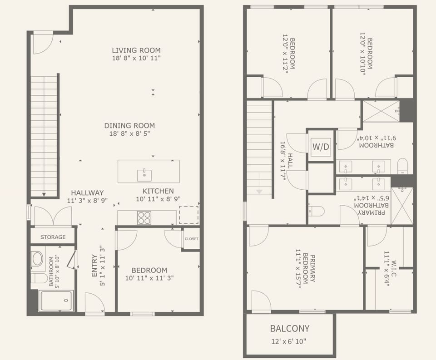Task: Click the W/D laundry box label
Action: tap(321, 147)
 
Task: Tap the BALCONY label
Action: tap(290, 328)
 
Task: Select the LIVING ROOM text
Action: tap(136, 50)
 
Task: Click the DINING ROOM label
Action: tap(129, 126)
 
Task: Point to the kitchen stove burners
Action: tap(144, 218)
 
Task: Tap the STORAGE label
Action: tap(53, 237)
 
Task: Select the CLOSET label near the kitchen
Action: tap(192, 239)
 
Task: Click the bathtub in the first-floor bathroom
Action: tap(56, 301)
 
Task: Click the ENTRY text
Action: tap(94, 266)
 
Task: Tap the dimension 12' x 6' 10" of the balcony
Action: tap(290, 342)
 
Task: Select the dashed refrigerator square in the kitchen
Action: tap(188, 215)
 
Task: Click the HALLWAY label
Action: tap(87, 192)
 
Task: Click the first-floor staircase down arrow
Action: tap(44, 193)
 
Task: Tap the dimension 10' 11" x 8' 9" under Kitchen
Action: tap(158, 199)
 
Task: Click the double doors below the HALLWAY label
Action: tap(53, 217)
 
